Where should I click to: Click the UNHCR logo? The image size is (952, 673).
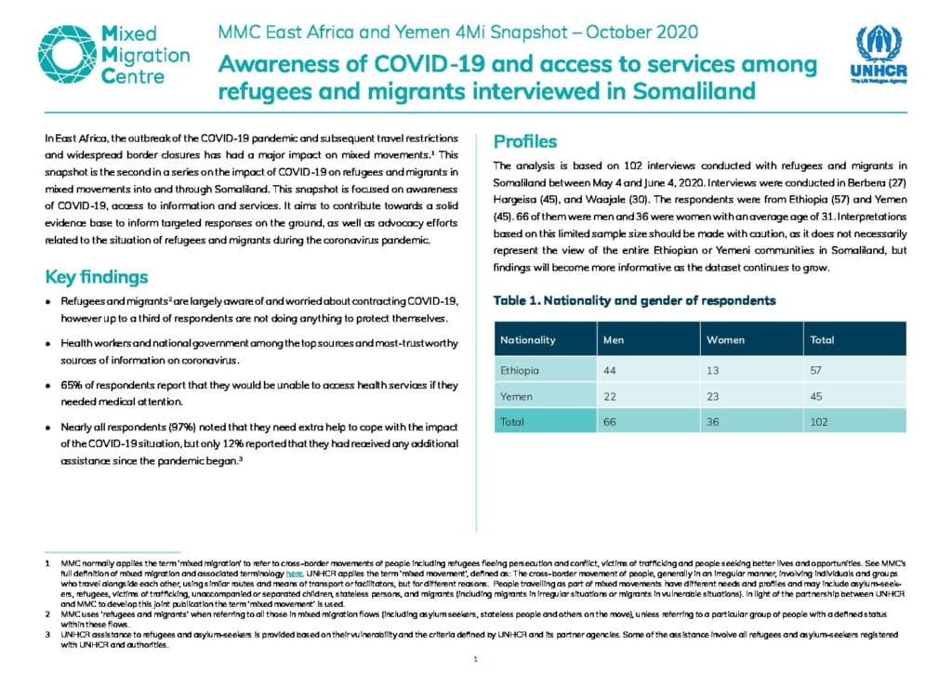click(x=879, y=54)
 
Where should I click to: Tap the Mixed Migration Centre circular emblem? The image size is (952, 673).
click(x=67, y=54)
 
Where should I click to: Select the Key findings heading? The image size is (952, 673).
click(x=97, y=277)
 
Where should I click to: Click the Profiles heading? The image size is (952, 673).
click(x=525, y=141)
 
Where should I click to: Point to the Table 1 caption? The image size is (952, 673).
click(x=634, y=300)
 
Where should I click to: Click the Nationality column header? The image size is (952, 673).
click(x=528, y=340)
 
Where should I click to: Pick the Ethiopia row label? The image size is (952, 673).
click(x=519, y=370)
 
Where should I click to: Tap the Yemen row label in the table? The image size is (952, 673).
click(x=516, y=396)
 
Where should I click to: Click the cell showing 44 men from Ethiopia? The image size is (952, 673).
click(x=610, y=370)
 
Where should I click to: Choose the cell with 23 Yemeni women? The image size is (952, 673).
click(x=713, y=396)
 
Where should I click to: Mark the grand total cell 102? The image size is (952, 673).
click(x=819, y=422)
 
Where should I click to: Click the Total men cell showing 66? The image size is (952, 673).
click(x=610, y=422)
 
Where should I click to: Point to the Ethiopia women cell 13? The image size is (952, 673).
click(x=713, y=370)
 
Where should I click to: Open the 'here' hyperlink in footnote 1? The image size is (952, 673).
click(x=295, y=574)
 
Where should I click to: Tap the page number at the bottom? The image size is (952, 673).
click(x=475, y=658)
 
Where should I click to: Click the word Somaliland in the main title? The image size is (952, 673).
click(x=694, y=91)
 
